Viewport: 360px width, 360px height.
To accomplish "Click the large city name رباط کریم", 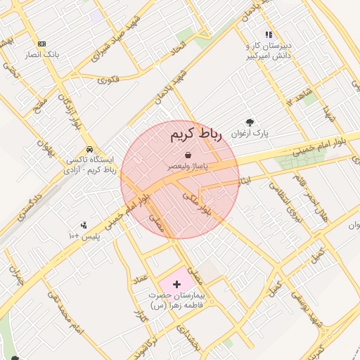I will [x=195, y=135].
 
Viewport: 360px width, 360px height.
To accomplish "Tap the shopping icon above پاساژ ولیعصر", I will [x=188, y=155].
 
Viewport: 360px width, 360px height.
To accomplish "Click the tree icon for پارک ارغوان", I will [x=250, y=122].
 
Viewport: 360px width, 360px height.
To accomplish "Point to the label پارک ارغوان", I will [x=250, y=132].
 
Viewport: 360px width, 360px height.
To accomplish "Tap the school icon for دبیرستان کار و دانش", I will [x=268, y=34].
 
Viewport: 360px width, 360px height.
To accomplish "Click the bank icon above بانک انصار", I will [x=42, y=44].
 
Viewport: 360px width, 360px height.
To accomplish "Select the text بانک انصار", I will [x=43, y=54].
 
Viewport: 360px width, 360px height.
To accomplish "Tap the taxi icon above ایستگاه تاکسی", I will [x=90, y=150].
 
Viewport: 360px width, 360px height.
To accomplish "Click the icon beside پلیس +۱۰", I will [x=84, y=226].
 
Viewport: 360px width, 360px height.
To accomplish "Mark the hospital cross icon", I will [x=176, y=283].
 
